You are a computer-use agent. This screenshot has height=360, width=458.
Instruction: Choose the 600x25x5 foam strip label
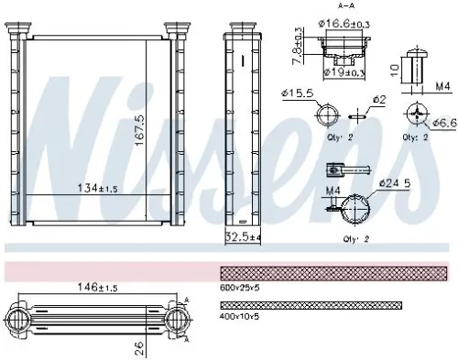[x=240, y=287]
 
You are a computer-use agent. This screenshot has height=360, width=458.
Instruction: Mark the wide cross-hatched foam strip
[x=335, y=272]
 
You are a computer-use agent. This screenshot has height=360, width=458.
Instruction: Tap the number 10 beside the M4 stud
[x=392, y=70]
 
